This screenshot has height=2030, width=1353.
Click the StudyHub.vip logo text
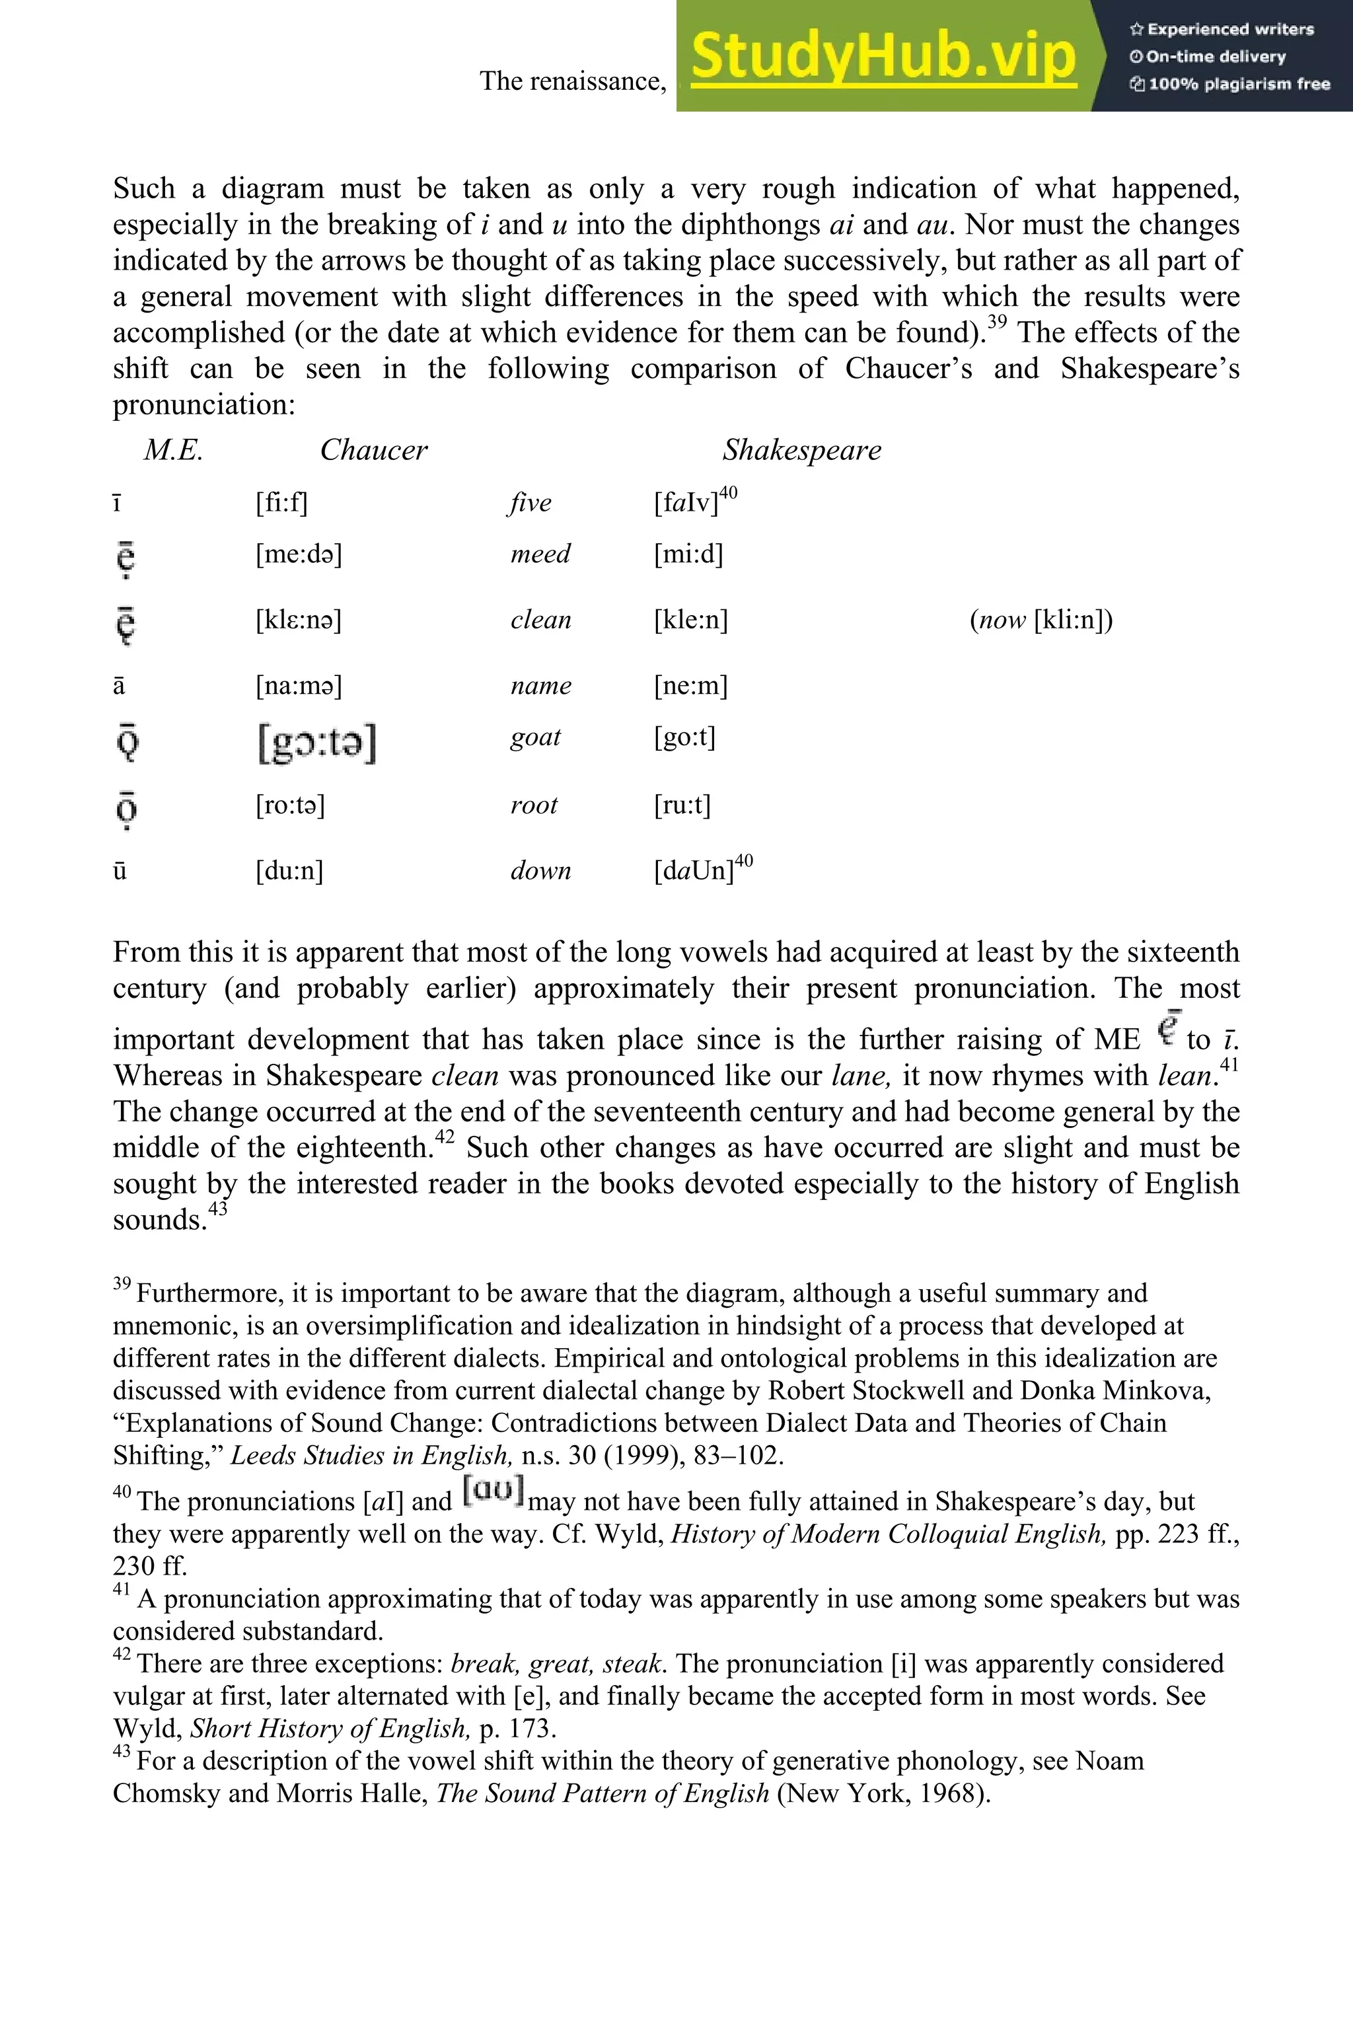coord(883,57)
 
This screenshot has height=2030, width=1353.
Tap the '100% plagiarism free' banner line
coord(1229,84)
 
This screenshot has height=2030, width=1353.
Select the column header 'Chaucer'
coord(374,449)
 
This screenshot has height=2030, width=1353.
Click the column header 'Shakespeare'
coord(801,449)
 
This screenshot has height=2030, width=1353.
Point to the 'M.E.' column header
coord(172,449)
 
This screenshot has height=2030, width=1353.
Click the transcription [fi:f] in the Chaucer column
coord(281,502)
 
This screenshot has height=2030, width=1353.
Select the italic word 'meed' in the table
coord(540,553)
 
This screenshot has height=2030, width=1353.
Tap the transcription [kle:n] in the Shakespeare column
coord(690,620)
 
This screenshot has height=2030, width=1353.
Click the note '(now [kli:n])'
coord(1041,620)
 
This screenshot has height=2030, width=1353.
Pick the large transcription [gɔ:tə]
coord(316,742)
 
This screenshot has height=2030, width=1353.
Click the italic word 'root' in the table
coord(533,806)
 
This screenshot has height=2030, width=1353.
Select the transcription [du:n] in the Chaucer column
coord(289,870)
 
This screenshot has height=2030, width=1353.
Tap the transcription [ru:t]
coord(682,806)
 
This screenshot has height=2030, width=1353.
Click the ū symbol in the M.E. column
coord(120,870)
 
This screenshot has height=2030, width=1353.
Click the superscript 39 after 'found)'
coord(997,322)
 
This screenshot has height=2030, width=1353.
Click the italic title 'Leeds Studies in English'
coord(371,1455)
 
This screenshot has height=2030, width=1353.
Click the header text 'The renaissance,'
coord(573,81)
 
